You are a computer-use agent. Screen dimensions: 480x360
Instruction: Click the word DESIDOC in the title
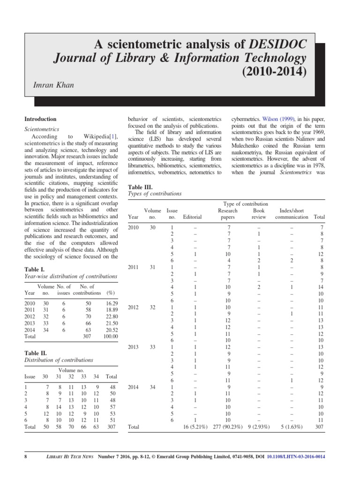pyautogui.click(x=278, y=44)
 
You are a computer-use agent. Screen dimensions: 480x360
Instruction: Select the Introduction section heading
pyautogui.click(x=40, y=119)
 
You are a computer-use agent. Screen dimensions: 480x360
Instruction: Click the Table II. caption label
pyautogui.click(x=36, y=352)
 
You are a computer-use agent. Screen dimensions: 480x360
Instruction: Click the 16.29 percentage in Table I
pyautogui.click(x=111, y=304)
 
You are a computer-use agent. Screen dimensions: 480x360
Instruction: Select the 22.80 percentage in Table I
pyautogui.click(x=111, y=316)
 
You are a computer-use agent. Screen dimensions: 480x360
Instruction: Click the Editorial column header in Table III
pyautogui.click(x=192, y=217)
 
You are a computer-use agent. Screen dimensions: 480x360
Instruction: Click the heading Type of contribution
pyautogui.click(x=246, y=204)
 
